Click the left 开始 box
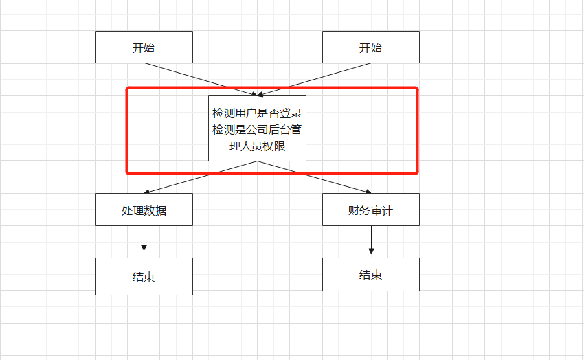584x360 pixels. coord(144,47)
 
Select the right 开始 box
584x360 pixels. coord(370,47)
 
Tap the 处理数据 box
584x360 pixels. coord(144,210)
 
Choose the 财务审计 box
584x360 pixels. coord(370,210)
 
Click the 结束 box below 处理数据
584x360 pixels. coord(144,277)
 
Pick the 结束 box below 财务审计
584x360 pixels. coord(370,275)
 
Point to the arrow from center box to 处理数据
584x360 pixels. coord(201,177)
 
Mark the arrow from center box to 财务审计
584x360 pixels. coord(315,177)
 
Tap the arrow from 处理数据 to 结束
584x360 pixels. coord(144,238)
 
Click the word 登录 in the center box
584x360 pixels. coord(293,113)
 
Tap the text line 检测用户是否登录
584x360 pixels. coord(257,113)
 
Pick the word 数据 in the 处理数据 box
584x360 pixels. coord(155,210)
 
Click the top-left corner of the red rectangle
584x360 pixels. coord(128,89)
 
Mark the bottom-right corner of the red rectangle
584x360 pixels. coord(416,172)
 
